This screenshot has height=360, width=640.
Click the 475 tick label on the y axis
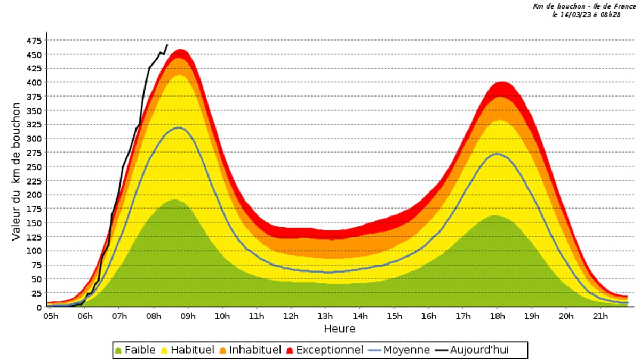click(34, 41)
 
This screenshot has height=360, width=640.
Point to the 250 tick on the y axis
click(34, 167)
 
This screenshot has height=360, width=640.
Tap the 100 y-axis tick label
click(34, 251)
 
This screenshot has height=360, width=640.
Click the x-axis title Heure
click(339, 329)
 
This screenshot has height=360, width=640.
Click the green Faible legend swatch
click(118, 350)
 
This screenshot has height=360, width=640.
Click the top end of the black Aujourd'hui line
click(167, 45)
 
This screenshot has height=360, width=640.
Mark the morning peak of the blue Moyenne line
click(179, 127)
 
